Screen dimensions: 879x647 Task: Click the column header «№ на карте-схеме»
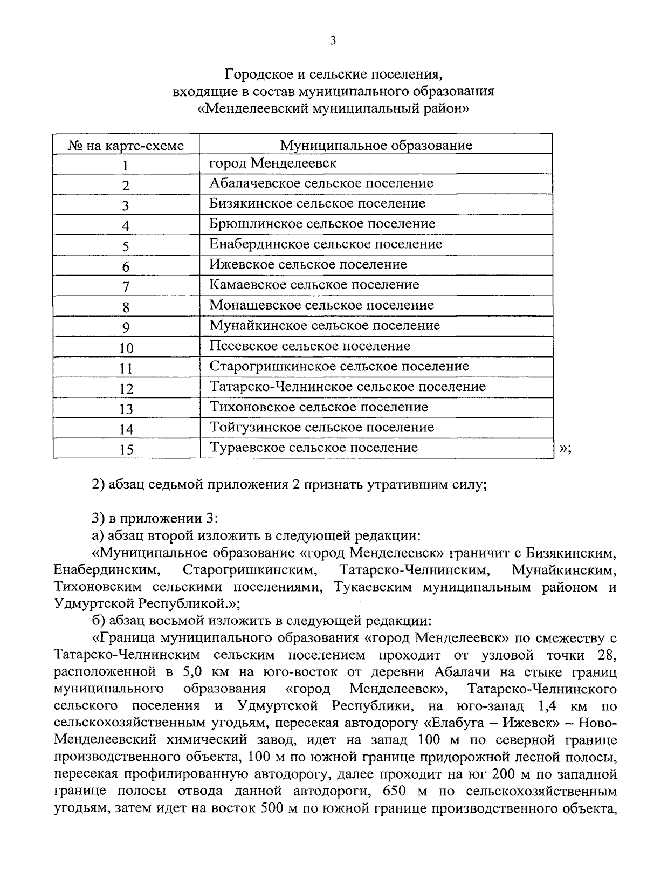(126, 146)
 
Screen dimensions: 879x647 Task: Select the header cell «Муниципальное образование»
(376, 145)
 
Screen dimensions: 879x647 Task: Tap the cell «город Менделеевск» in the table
(273, 163)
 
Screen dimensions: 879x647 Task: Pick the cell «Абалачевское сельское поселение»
(321, 183)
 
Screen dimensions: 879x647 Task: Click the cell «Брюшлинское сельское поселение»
(322, 224)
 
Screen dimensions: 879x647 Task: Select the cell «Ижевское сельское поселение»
(308, 265)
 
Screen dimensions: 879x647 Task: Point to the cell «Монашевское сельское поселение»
(321, 305)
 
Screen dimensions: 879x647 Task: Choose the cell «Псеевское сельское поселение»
(309, 346)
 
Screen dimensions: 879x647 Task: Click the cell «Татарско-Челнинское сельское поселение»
(348, 387)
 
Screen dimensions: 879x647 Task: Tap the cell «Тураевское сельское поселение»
(313, 448)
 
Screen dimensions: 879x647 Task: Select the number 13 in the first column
(126, 409)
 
